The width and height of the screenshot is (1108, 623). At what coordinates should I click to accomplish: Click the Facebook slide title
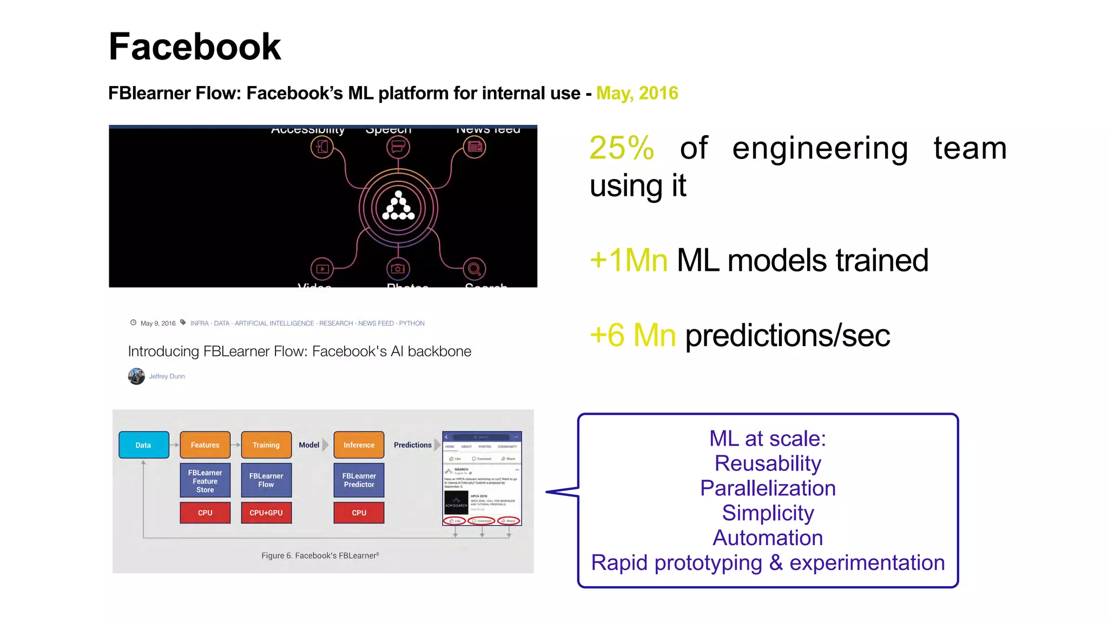point(195,47)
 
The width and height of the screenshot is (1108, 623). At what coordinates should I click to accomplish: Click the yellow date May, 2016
point(637,93)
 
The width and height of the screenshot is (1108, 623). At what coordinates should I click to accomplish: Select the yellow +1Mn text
point(629,260)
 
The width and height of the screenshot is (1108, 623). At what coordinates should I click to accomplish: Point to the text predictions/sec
point(787,335)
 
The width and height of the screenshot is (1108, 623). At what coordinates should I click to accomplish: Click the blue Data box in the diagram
point(143,445)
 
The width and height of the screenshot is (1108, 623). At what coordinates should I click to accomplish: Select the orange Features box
point(205,445)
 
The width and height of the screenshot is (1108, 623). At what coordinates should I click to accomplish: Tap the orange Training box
point(266,445)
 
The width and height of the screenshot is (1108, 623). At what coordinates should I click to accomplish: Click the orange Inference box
point(359,445)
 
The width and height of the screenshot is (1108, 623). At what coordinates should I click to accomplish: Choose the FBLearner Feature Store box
point(205,481)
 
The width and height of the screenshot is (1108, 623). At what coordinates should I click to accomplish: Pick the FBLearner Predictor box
point(359,480)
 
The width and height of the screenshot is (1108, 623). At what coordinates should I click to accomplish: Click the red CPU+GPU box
point(266,513)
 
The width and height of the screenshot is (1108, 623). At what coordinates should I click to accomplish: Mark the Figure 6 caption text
point(320,555)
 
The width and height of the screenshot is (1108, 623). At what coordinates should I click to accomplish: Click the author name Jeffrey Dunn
point(167,376)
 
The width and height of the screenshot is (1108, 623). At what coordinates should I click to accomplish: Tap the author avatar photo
point(136,376)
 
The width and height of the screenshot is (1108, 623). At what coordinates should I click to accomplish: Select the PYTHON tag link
point(412,323)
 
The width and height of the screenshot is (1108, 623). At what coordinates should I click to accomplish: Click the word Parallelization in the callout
point(768,488)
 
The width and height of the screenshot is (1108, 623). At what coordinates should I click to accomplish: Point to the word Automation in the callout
point(768,538)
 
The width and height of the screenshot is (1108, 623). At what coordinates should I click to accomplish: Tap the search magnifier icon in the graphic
point(474,269)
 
